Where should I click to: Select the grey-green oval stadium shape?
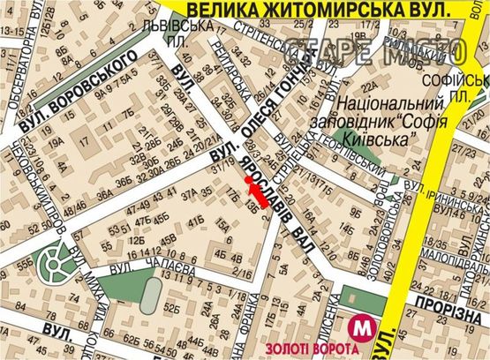[151, 294]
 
